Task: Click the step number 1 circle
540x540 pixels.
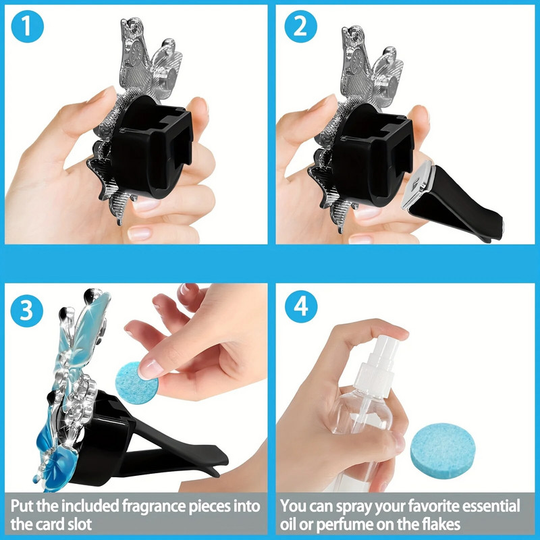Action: pyautogui.click(x=28, y=26)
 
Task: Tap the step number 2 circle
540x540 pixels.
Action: pyautogui.click(x=300, y=26)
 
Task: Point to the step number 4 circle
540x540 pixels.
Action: pyautogui.click(x=300, y=306)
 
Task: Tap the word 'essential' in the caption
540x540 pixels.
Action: pyautogui.click(x=491, y=506)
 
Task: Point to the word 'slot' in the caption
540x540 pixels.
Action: pyautogui.click(x=80, y=524)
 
